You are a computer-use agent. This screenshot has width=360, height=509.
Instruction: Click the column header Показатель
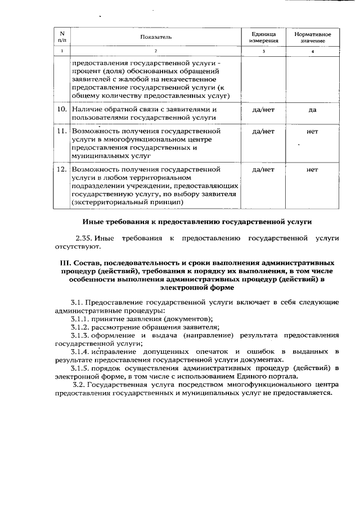coord(156,37)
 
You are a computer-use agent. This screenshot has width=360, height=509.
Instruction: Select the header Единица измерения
coord(263,37)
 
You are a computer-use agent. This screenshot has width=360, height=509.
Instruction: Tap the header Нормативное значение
coord(312,37)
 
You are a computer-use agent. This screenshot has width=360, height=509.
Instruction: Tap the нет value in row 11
coord(312,132)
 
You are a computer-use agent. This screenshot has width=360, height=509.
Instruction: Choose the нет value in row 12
coord(312,169)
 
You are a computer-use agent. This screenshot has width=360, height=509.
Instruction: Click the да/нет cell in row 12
coord(263,169)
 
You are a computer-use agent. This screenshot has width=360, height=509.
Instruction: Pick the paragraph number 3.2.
coord(80,385)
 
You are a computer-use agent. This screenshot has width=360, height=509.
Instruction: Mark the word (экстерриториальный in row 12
coord(106,202)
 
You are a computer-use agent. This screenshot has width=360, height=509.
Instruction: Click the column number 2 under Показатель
coord(156,52)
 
